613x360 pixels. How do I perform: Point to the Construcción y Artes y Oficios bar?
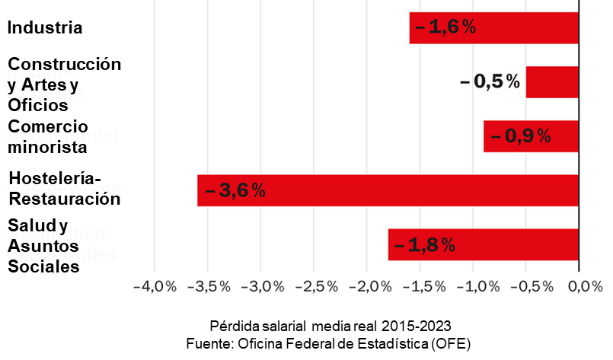(x=552, y=82)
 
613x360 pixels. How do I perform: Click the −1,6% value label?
(x=445, y=28)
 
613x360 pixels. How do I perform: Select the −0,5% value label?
(x=490, y=81)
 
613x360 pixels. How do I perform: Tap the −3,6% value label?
(x=235, y=190)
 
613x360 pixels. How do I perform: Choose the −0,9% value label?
(x=521, y=136)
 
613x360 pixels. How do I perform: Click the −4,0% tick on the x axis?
(x=155, y=287)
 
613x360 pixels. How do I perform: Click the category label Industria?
(x=45, y=28)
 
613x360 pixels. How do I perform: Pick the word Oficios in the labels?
(x=38, y=104)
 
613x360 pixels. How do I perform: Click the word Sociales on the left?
(x=43, y=267)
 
